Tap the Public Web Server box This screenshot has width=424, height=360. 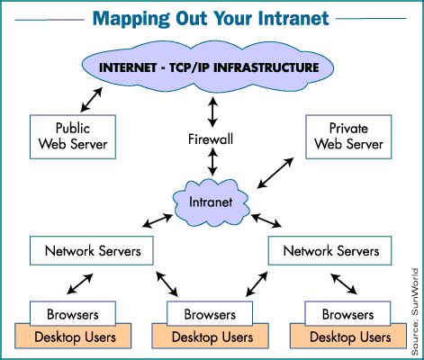pyautogui.click(x=71, y=133)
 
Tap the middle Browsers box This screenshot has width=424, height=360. pyautogui.click(x=210, y=315)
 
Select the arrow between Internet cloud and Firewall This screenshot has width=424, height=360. pyautogui.click(x=212, y=109)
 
